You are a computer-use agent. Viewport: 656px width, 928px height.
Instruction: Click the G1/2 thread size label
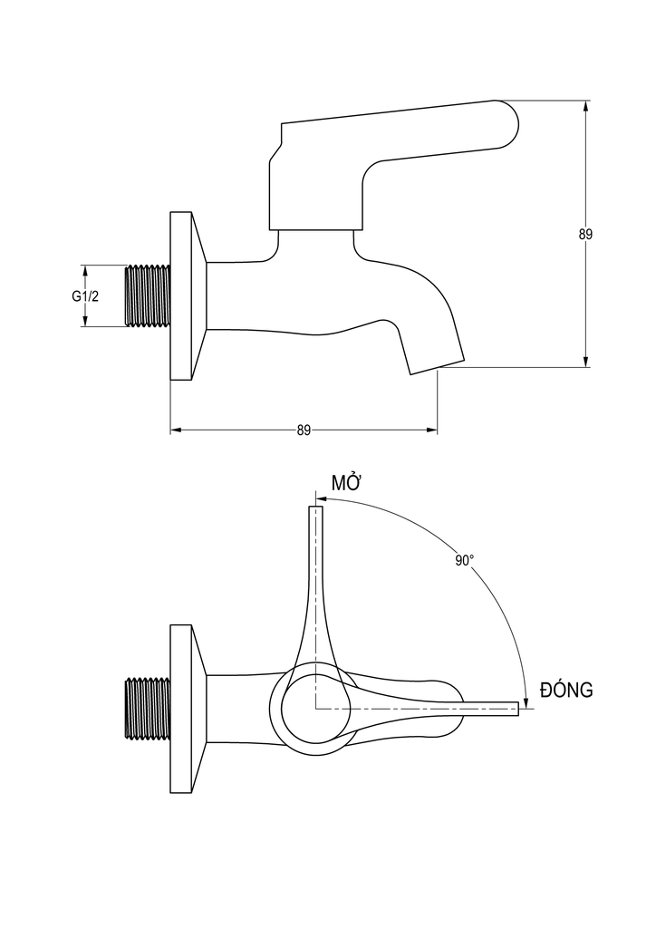85,295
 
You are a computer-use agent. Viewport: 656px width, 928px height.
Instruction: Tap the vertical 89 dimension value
585,234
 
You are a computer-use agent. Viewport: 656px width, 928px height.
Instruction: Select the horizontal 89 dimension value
304,430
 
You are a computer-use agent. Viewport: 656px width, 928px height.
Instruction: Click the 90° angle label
465,561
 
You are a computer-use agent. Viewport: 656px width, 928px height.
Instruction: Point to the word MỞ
346,483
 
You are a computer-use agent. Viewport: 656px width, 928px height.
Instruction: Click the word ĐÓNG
566,691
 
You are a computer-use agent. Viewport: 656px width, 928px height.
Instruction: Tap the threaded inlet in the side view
147,295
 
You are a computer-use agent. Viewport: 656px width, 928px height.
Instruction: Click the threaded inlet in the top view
147,709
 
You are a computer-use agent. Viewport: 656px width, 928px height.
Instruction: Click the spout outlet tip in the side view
437,362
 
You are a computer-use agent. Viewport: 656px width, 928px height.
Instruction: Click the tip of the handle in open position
316,511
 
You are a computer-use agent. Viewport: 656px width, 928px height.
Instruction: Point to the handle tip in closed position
516,709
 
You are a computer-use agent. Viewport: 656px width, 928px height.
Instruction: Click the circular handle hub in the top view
315,709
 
